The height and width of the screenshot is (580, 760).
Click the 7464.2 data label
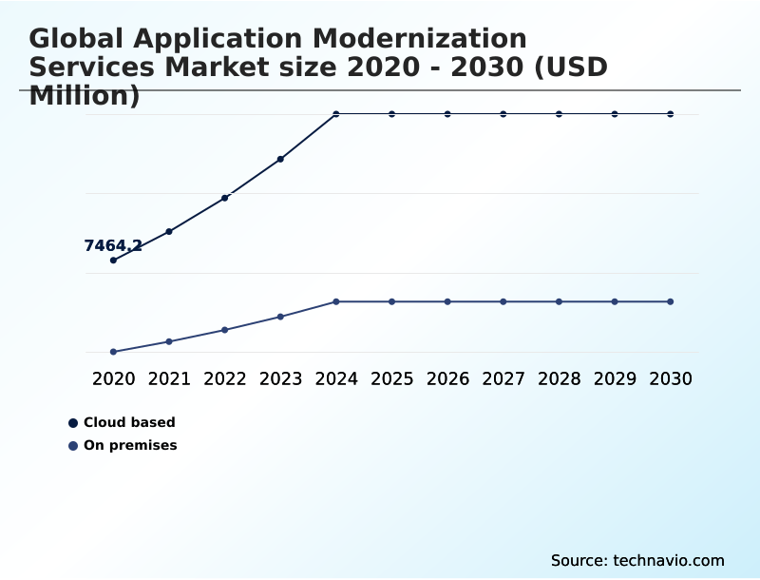tap(113, 246)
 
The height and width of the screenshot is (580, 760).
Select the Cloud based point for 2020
tap(114, 260)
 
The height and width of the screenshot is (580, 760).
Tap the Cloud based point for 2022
tap(225, 198)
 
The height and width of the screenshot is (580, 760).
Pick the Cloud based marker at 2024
tap(336, 114)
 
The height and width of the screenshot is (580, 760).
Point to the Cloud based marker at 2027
tap(503, 114)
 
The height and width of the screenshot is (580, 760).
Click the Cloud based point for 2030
tap(671, 114)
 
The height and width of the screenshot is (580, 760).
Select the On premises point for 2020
tap(114, 352)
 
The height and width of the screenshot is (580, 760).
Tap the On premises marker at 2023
tap(280, 317)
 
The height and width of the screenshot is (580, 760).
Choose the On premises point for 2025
tap(391, 301)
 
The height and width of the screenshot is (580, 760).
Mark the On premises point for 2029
tap(615, 301)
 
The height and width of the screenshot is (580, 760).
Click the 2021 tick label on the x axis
tap(169, 378)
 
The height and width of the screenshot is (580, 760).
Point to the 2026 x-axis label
tap(447, 378)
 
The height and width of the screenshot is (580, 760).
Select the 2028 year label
tap(559, 378)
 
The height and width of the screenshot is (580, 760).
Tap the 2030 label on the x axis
tap(671, 378)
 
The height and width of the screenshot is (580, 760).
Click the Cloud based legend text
tap(129, 422)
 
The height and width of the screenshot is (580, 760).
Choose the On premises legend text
tap(130, 445)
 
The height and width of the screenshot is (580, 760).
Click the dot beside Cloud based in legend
tap(73, 423)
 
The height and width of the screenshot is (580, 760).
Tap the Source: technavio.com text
tap(637, 560)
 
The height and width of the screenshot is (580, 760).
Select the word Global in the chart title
tap(76, 39)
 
